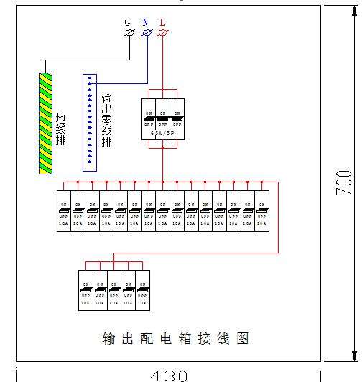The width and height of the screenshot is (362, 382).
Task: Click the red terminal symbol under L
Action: click(162, 33)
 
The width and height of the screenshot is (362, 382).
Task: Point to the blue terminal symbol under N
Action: click(147, 33)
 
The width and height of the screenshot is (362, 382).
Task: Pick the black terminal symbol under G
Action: click(130, 33)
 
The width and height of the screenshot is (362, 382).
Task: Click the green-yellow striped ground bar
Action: click(47, 123)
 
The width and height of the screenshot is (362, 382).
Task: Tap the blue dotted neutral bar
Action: click(90, 123)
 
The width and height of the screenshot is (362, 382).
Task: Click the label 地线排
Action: click(62, 129)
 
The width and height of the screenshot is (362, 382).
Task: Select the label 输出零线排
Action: click(107, 120)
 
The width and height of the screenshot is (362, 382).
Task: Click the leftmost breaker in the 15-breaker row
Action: click(63, 210)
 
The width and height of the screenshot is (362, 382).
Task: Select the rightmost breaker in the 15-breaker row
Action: click(261, 210)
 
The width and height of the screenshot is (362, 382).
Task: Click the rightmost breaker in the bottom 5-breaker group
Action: click(143, 290)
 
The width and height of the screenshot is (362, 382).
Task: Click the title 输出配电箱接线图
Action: click(175, 339)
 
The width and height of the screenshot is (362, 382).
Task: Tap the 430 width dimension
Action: click(169, 375)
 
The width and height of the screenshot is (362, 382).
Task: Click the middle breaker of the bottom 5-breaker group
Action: click(115, 290)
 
